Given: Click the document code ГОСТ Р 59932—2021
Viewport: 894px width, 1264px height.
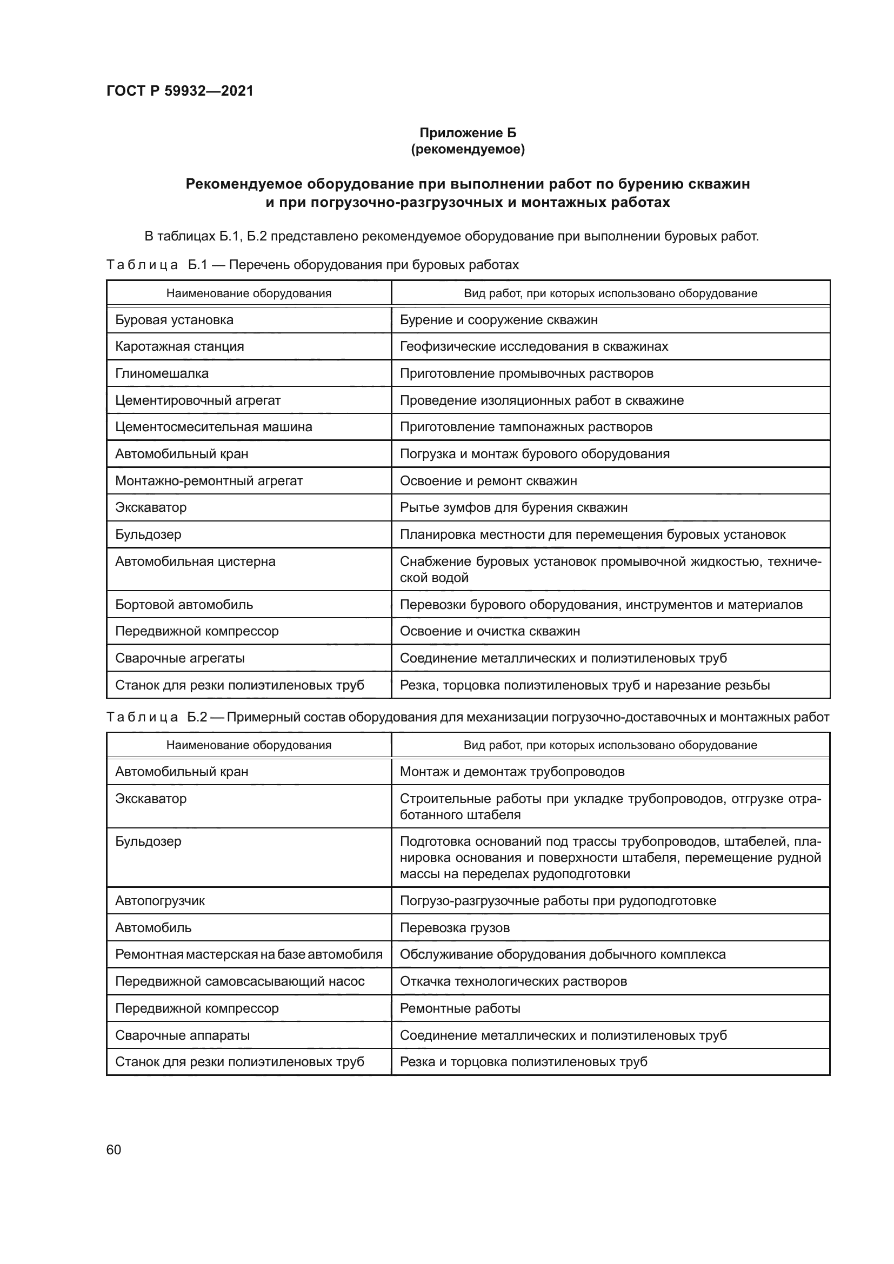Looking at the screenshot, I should click(x=179, y=91).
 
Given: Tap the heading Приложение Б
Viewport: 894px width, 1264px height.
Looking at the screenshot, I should click(x=468, y=133).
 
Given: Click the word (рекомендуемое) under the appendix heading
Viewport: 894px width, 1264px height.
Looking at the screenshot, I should click(x=468, y=149).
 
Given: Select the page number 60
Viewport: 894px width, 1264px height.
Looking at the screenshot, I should click(x=114, y=1150).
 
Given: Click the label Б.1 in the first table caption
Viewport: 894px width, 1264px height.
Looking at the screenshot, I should click(x=197, y=265).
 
